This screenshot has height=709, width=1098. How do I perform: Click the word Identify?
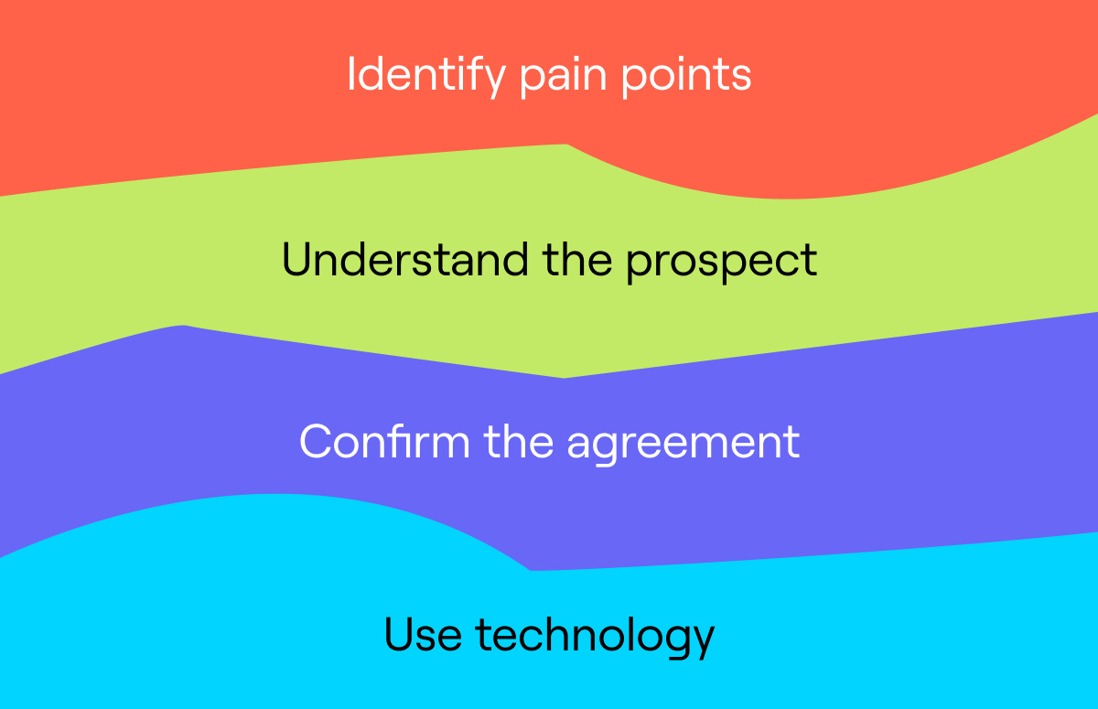tap(426, 77)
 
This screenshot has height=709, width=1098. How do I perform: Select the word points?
tap(686, 77)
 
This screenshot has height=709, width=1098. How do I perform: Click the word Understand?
tap(404, 260)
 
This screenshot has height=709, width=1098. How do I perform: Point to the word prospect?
tap(722, 263)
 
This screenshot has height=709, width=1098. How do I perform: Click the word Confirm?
tap(384, 441)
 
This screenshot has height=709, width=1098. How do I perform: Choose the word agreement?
tap(684, 445)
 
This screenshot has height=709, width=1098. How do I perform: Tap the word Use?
tap(423, 634)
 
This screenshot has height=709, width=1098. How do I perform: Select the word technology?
tap(595, 637)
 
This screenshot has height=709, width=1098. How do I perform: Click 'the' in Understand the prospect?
tap(577, 259)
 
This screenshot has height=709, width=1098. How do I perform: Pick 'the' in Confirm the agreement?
tap(519, 441)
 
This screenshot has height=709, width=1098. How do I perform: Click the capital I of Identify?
tap(350, 73)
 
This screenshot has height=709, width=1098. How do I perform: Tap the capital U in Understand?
tap(297, 260)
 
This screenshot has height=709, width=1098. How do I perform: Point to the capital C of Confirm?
tap(316, 442)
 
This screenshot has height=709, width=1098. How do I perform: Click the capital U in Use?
tap(400, 635)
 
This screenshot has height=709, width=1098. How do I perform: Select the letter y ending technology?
tap(700, 643)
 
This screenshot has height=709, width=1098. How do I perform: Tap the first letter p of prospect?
tap(641, 267)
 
